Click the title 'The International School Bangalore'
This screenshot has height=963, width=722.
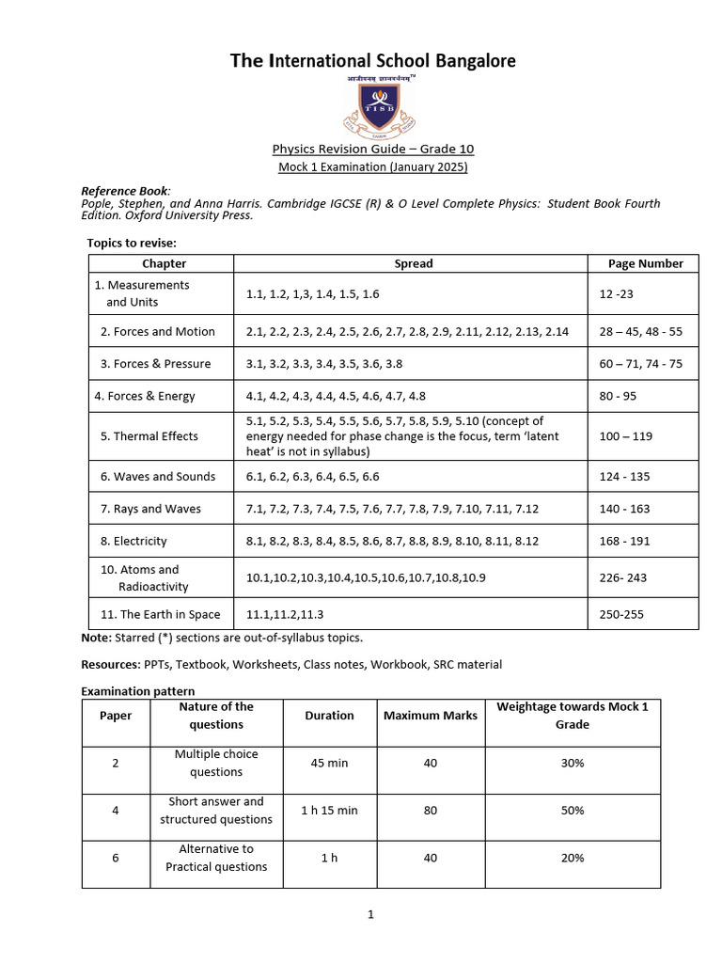click(373, 61)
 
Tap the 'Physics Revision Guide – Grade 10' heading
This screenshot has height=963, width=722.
click(373, 149)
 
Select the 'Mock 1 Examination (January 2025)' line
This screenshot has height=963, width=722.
click(373, 166)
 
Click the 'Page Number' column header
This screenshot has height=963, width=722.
click(646, 263)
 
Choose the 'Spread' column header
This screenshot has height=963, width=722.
click(414, 263)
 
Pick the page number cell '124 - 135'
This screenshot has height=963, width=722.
click(625, 477)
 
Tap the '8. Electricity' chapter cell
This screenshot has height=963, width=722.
click(133, 541)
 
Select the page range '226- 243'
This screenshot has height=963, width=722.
click(622, 577)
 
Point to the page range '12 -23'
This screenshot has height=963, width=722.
click(617, 293)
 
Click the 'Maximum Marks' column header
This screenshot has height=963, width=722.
click(431, 716)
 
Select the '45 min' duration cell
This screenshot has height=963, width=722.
click(329, 763)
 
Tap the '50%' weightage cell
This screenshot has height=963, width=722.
click(572, 810)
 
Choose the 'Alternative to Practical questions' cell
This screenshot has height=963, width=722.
click(216, 858)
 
